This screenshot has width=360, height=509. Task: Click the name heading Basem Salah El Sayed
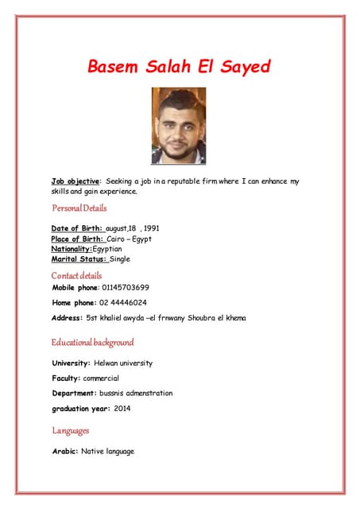point(178,66)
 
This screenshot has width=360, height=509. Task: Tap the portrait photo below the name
point(178,126)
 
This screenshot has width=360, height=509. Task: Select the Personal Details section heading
point(79,208)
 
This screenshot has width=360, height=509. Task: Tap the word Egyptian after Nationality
point(112,249)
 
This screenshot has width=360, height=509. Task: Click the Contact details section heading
point(77,275)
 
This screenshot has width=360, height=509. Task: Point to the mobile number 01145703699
point(126,287)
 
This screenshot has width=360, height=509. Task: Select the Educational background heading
point(93,343)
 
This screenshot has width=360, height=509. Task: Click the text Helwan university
point(122,363)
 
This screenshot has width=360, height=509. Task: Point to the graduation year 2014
point(122,408)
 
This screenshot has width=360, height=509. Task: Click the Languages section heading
point(71,430)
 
